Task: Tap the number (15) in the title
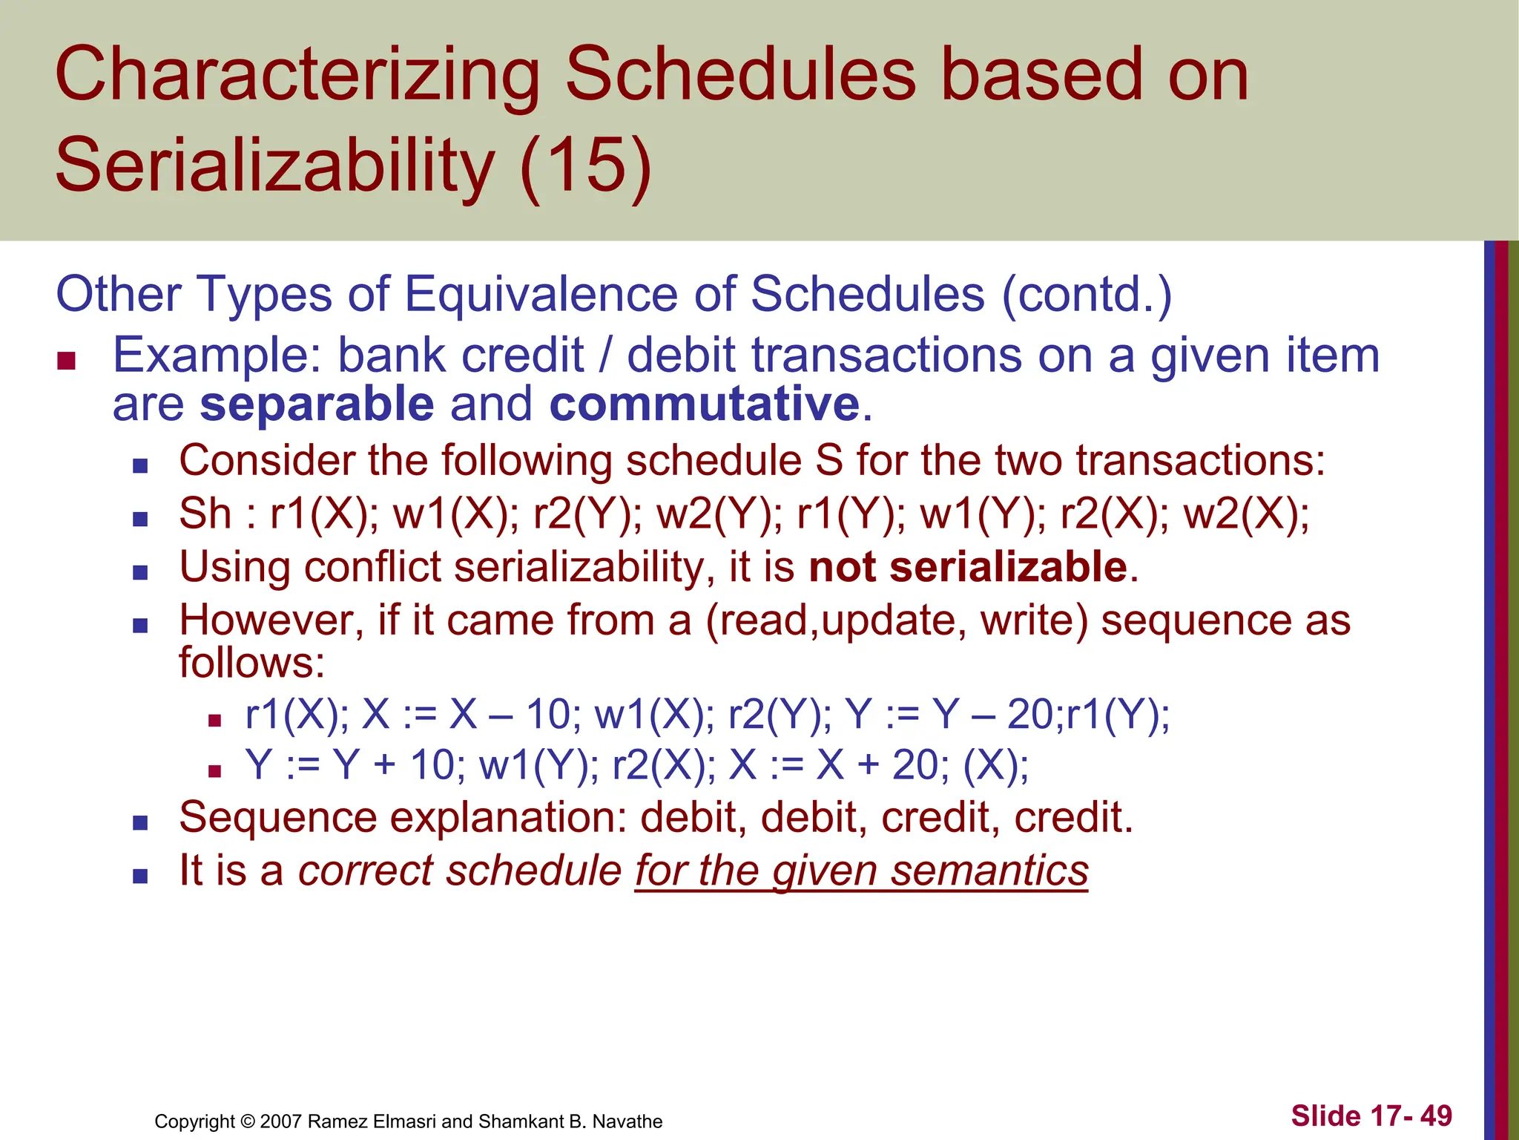pos(586,165)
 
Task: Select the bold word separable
pos(317,404)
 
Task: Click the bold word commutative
pos(705,404)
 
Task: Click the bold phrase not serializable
pos(968,568)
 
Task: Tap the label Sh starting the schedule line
pos(205,514)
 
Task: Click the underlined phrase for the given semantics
pos(861,871)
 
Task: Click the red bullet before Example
pos(66,361)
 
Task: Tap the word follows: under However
pos(251,663)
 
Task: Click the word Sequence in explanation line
pos(277,818)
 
